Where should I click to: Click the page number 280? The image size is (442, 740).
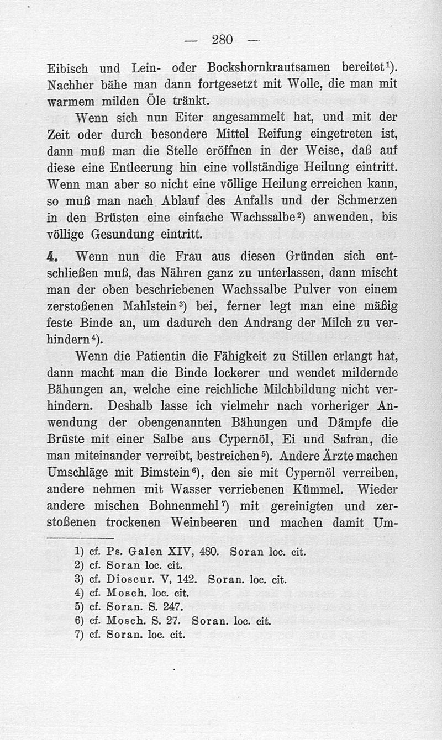(x=223, y=39)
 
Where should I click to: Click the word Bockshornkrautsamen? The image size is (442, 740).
(x=268, y=68)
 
